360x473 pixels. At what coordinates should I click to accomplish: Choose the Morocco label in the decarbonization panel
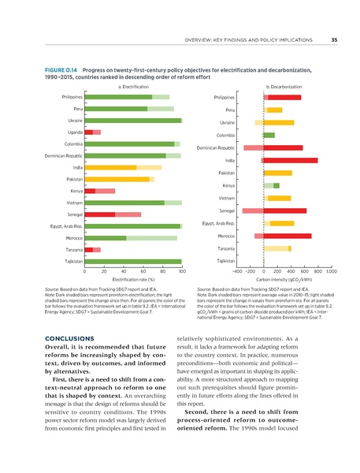[226, 236]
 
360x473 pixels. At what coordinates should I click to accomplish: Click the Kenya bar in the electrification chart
[100, 191]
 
